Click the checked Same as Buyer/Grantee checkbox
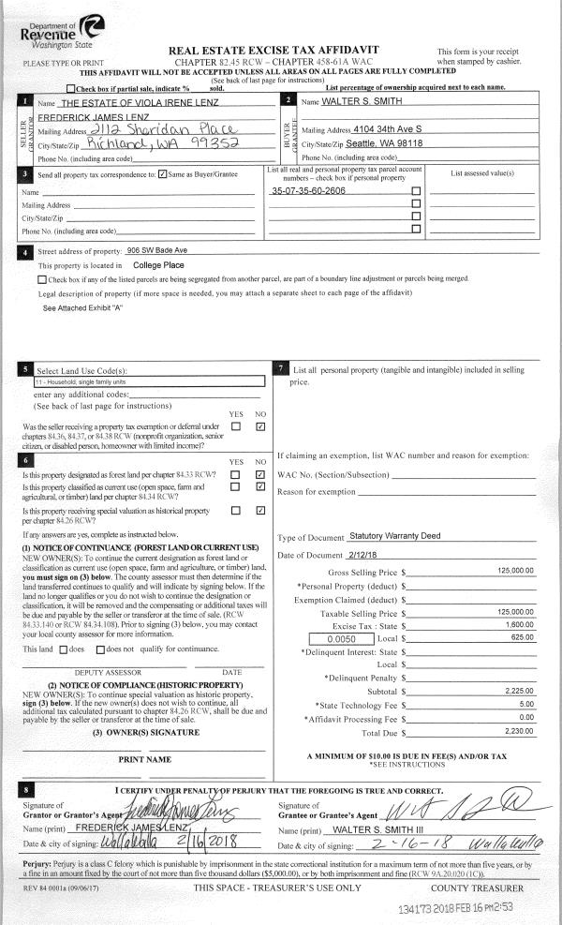pos(163,174)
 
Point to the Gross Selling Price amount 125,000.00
pos(515,571)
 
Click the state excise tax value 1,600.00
pos(518,623)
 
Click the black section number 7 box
pos(282,368)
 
